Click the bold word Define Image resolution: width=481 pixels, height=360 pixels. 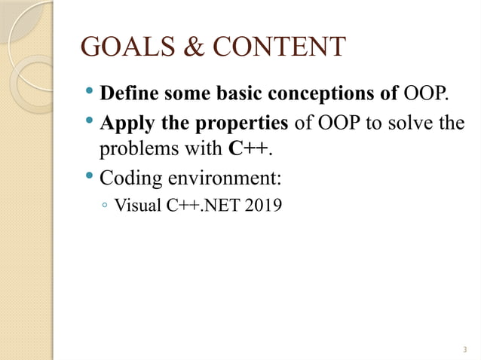pos(127,95)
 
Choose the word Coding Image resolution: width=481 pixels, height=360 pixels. pos(128,178)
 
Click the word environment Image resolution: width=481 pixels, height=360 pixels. pos(222,178)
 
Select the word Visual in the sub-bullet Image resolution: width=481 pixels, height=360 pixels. pos(133,204)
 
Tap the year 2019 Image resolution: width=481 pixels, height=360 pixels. pos(265,204)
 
